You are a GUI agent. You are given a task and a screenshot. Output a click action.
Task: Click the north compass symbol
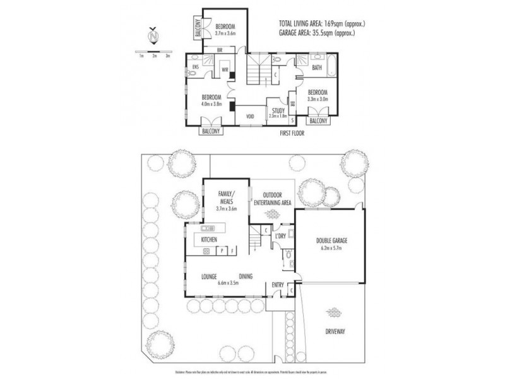coord(154,37)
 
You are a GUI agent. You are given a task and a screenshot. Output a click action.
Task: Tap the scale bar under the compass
coord(154,51)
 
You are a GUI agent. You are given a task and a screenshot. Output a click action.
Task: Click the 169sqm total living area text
coord(322,24)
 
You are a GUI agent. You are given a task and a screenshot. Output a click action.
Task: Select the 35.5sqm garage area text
coord(322,32)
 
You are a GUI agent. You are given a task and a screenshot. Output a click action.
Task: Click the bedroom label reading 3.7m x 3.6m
coord(225,29)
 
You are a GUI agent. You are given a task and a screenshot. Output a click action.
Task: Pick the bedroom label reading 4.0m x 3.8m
coord(211,100)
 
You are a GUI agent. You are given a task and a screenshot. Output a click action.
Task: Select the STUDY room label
coord(278,112)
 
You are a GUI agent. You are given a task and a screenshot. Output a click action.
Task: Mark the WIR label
coord(224,70)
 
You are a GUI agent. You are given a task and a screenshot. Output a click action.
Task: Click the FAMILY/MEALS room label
coord(225,196)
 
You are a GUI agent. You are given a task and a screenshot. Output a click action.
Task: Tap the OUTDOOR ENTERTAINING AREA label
coord(272,198)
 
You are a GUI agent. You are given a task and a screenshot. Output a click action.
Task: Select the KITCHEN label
coord(209,241)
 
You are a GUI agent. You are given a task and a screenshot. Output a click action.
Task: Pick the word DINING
coord(247,275)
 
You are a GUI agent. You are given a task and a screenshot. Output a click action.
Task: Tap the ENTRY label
coord(278,285)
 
